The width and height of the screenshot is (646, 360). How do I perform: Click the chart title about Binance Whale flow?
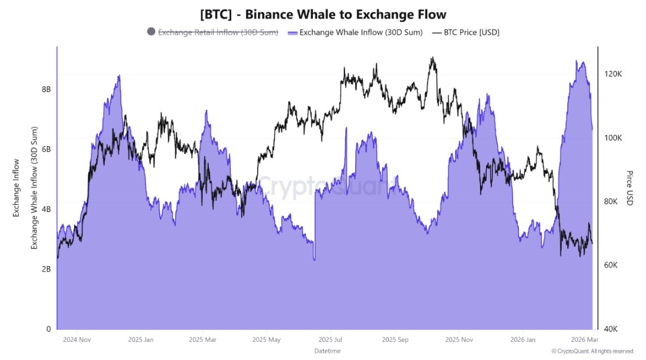coord(323,13)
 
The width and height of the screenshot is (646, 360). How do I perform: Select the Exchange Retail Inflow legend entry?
coord(218,32)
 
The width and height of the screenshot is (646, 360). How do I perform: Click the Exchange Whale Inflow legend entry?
coord(361,32)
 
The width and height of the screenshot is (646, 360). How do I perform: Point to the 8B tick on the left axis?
coord(46,89)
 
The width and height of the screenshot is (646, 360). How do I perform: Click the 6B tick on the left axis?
coord(46,149)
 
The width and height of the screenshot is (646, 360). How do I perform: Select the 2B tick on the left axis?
coord(46,269)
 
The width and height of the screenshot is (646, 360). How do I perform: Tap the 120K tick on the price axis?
coord(612,74)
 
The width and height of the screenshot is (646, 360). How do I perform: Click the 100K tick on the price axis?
coord(612,138)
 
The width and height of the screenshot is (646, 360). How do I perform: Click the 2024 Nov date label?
coord(77,340)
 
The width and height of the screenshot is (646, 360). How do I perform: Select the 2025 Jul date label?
coord(330,340)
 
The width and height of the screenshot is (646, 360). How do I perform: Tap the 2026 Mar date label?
coord(585,340)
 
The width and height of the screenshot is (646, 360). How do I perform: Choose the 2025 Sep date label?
coord(394,340)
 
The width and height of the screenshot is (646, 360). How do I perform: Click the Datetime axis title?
coord(328,351)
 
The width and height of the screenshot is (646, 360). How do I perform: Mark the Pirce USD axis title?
coord(630,188)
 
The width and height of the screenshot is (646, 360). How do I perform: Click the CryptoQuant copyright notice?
coord(593,351)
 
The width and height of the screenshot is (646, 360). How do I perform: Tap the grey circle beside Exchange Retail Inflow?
coord(151,31)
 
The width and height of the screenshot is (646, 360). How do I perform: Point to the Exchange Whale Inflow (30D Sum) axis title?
coord(34,188)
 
